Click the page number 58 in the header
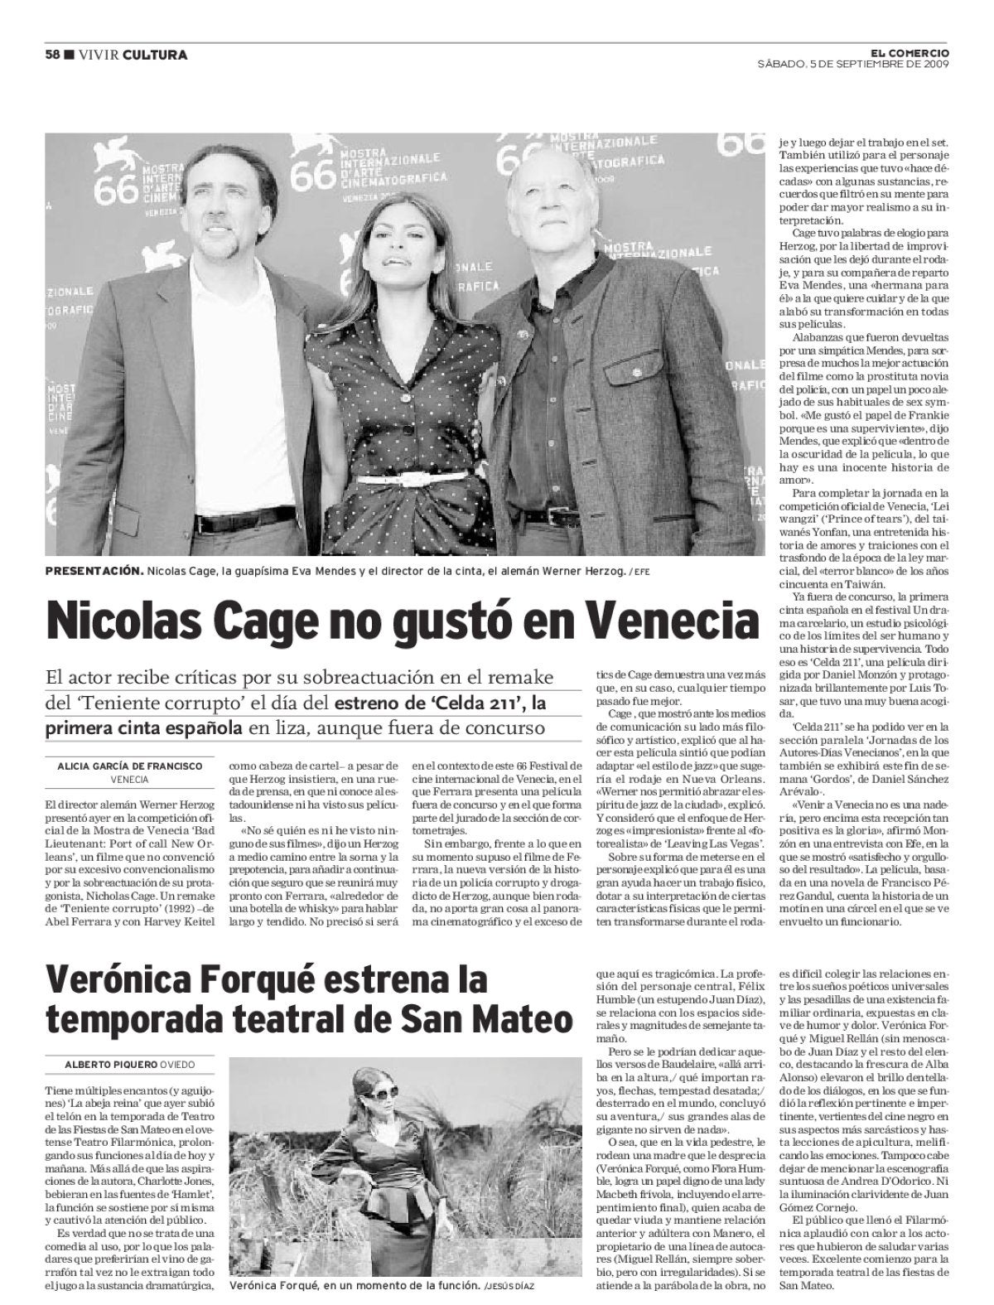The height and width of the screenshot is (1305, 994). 52,55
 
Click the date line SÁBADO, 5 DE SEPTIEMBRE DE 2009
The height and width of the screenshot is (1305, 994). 853,64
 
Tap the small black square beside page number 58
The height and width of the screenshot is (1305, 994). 69,55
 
